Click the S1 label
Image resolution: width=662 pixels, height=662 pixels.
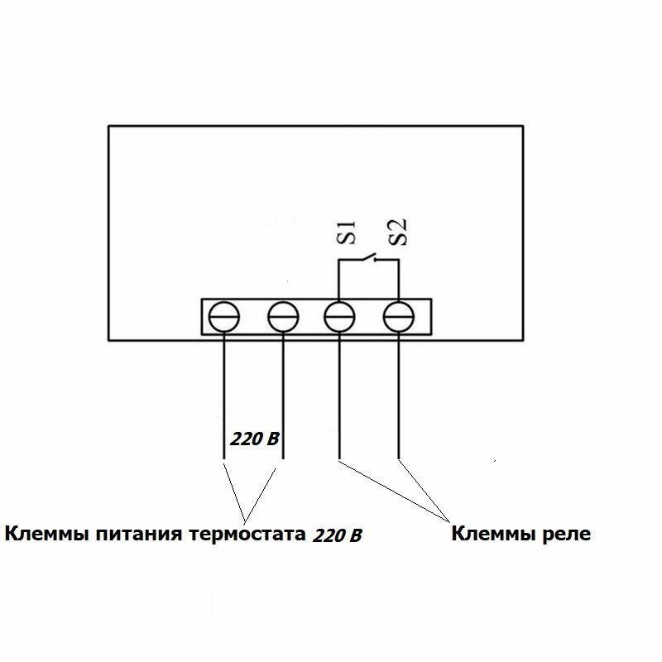point(350,233)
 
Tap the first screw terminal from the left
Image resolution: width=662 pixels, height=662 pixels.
point(224,317)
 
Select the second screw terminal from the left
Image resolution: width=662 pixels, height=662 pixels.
point(283,317)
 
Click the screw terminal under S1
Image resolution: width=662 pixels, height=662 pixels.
point(340,317)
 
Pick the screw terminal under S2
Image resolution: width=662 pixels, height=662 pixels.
point(399,317)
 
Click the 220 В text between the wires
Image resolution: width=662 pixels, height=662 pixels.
point(255,439)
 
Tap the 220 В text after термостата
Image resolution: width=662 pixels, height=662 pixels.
point(338,535)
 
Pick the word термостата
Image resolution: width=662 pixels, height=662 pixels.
point(246,534)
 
